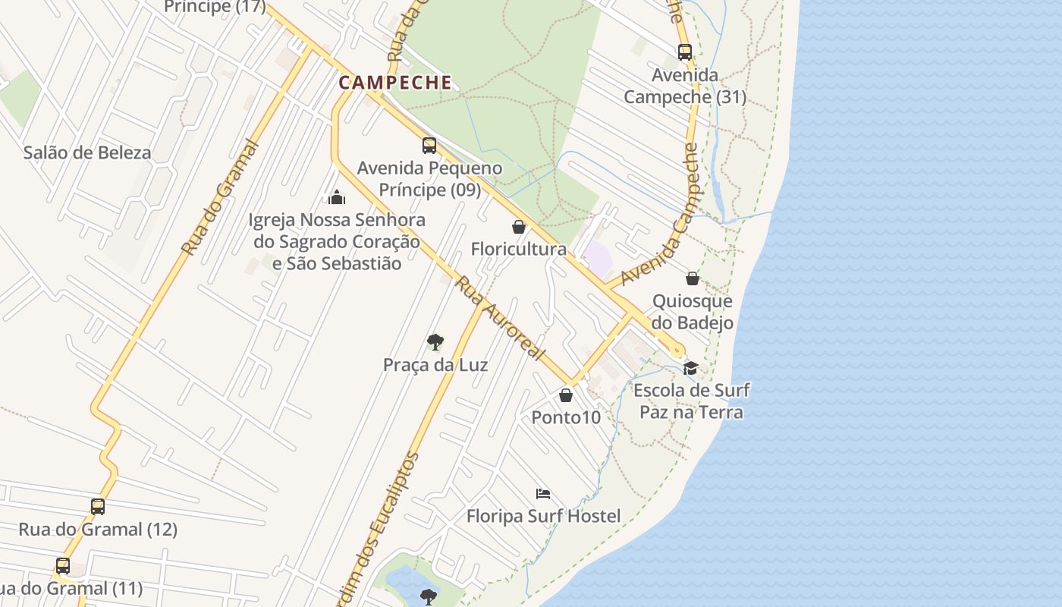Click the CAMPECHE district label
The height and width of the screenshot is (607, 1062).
395,83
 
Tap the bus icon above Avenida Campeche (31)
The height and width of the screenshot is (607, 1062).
685,52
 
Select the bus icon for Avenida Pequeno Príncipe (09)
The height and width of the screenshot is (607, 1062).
429,146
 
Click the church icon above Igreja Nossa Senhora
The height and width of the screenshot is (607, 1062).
337,198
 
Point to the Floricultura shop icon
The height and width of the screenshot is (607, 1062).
519,227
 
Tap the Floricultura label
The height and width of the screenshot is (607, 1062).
519,249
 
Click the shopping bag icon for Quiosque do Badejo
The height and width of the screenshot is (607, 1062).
693,278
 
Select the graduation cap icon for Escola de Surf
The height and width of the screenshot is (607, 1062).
690,368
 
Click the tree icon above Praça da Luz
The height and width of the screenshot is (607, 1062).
435,342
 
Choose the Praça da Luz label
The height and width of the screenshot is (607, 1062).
435,365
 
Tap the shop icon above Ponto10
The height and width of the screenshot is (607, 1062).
566,395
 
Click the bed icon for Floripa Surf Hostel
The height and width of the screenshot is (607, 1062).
543,494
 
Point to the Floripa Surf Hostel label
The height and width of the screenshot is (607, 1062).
543,517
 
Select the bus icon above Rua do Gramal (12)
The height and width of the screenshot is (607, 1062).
98,507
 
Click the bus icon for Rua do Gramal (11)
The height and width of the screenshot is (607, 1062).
63,566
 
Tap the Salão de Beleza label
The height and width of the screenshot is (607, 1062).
87,153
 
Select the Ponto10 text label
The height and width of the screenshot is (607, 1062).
566,417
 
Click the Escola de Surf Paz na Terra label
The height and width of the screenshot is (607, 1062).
691,401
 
